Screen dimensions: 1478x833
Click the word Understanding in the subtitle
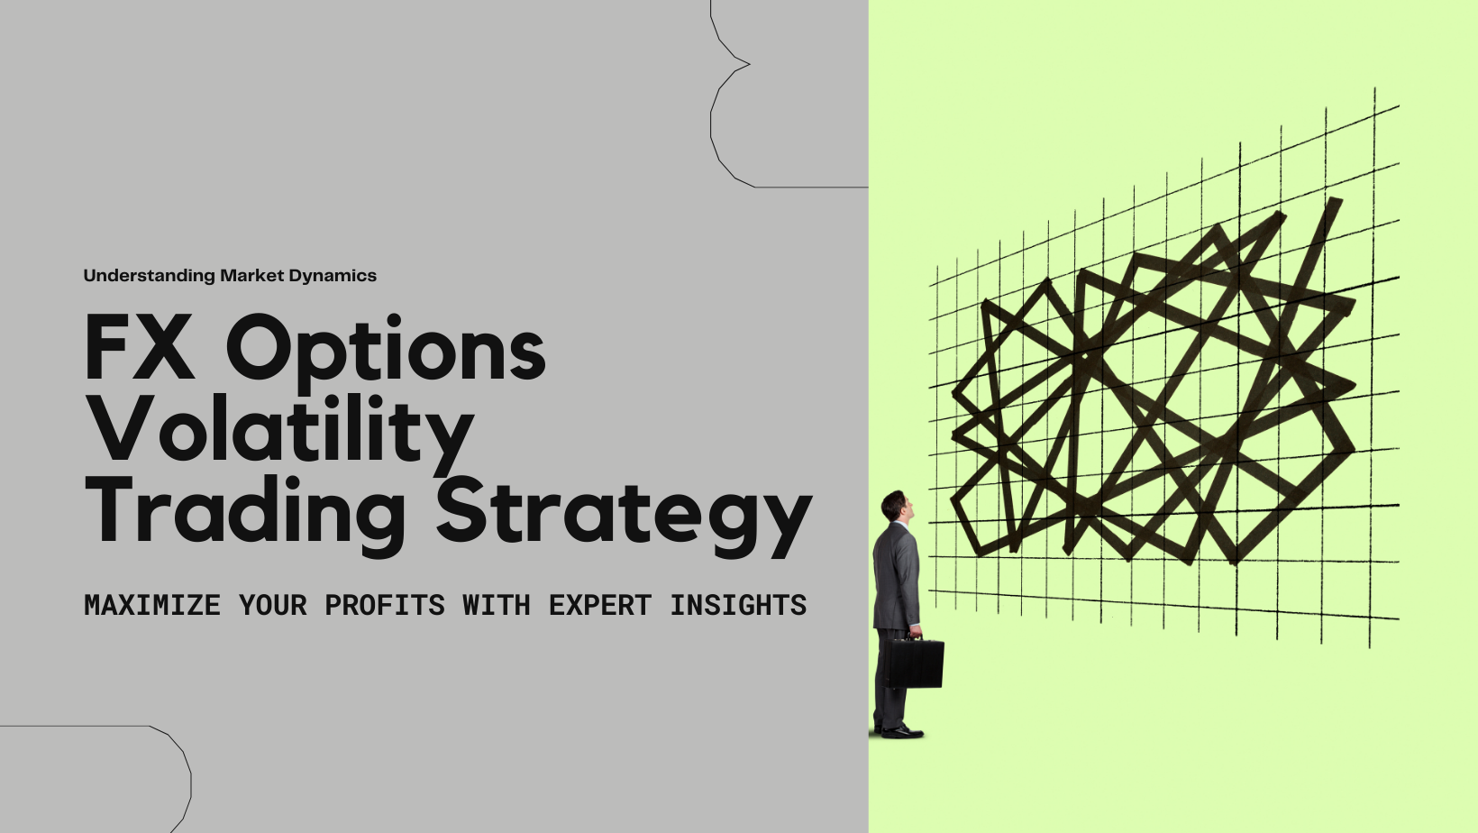click(x=150, y=276)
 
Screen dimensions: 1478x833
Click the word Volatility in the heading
click(x=279, y=433)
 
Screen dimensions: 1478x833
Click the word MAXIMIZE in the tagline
click(x=151, y=605)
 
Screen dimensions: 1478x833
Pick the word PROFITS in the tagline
click(x=385, y=605)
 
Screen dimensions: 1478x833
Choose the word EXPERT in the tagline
click(x=600, y=605)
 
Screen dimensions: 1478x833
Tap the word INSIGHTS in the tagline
click(x=738, y=605)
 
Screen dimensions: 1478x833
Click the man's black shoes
click(x=899, y=731)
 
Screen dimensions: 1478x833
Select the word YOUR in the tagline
click(x=272, y=605)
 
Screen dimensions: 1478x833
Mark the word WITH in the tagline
click(x=497, y=605)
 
